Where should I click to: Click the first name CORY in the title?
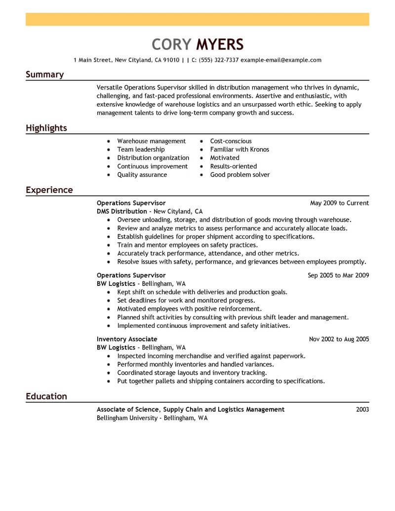pos(171,44)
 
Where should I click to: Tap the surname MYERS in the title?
pos(220,44)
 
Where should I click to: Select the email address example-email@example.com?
pos(281,60)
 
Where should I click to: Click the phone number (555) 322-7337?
pos(219,60)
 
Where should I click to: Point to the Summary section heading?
pos(44,75)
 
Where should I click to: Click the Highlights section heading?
pos(46,128)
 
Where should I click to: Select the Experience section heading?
pos(49,190)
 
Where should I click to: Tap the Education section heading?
pos(46,396)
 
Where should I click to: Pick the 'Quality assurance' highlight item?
pos(142,175)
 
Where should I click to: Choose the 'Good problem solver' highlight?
pos(240,175)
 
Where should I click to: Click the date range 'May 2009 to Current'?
pos(339,203)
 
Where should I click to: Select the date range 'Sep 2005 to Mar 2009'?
pos(338,275)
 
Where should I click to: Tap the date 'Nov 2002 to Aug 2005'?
pos(339,339)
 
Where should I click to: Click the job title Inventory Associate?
pos(127,339)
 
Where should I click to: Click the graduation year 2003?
pos(362,409)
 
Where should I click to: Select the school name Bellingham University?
pos(126,418)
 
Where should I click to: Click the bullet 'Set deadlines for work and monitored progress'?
pos(186,300)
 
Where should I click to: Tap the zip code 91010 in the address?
pos(171,60)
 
